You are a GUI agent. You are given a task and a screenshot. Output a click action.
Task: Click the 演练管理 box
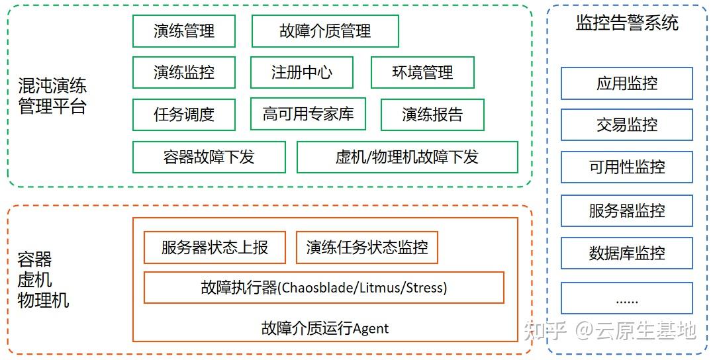184,31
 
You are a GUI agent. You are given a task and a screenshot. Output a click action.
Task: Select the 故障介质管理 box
325,31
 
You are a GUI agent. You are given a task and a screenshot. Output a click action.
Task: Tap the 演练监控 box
184,72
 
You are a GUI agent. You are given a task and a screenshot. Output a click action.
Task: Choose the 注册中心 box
302,72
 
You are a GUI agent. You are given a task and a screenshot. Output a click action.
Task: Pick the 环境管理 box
422,72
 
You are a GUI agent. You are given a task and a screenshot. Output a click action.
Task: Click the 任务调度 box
184,114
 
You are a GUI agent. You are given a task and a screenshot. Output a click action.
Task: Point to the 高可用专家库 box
309,114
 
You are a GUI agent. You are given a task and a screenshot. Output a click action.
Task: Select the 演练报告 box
432,114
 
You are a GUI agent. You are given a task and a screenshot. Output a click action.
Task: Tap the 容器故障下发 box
209,157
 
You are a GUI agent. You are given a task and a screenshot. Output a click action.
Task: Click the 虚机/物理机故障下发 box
407,157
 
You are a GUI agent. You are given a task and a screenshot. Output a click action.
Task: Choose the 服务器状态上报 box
215,247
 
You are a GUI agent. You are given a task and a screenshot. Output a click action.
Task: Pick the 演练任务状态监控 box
367,247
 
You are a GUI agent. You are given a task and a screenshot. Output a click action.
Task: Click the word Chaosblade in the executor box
313,288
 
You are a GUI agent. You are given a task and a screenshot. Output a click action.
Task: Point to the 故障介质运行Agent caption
325,328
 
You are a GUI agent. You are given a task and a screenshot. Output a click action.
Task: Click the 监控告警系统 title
627,24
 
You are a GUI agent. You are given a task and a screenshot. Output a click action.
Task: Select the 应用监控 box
627,83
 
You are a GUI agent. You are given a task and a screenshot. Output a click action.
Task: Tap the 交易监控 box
627,125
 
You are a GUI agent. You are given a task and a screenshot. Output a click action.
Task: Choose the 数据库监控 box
627,253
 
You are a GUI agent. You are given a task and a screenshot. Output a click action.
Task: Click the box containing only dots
627,298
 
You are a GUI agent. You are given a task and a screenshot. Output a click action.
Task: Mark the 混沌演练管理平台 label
52,96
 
